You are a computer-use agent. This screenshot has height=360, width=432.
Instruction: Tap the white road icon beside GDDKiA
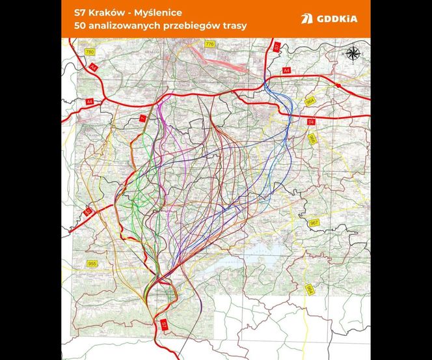point(306,19)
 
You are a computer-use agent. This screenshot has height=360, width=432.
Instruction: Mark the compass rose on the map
point(353,54)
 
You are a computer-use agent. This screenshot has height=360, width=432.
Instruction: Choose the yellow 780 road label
point(90,51)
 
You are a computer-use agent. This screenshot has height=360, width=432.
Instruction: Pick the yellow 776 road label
point(209,44)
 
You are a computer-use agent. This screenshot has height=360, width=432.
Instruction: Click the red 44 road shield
point(90,102)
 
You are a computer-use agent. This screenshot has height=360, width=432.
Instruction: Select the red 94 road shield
point(311,122)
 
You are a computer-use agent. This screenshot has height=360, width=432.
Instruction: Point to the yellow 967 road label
point(314,223)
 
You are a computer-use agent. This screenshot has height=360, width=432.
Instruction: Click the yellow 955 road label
point(92,264)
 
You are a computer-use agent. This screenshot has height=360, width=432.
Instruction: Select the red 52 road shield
point(88,212)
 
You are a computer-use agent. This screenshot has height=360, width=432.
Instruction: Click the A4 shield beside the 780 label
point(94,66)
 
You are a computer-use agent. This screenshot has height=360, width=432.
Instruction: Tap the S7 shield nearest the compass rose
point(277,47)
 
